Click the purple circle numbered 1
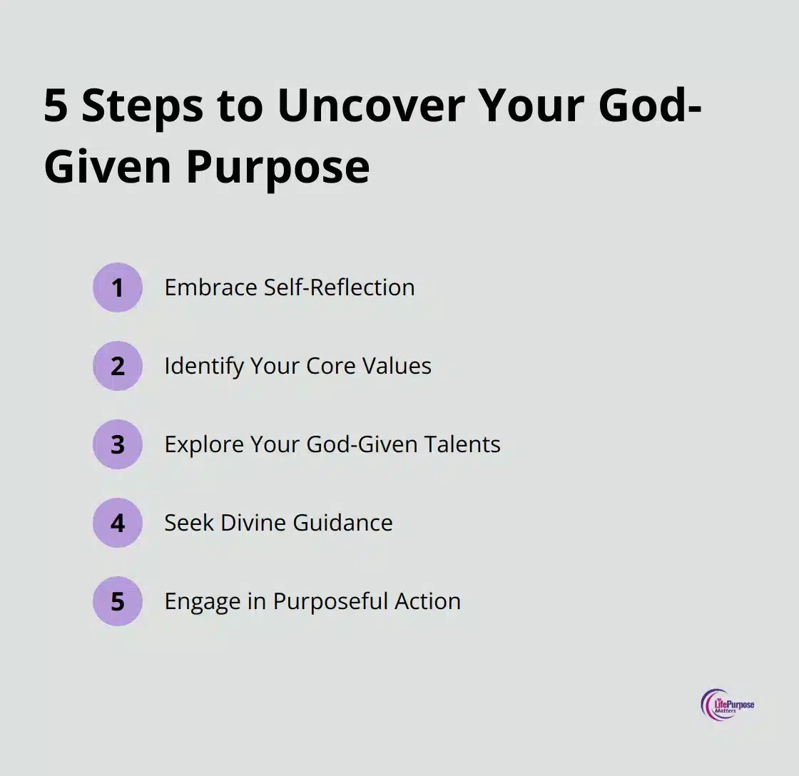[x=117, y=287]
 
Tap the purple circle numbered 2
[x=117, y=366]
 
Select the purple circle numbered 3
[x=117, y=444]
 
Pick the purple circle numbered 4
[x=117, y=523]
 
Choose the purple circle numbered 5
[x=117, y=601]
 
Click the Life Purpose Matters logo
[x=727, y=705]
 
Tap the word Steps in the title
[x=143, y=108]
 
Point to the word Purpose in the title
[x=278, y=168]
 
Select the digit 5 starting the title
[x=56, y=106]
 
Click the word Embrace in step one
[x=210, y=287]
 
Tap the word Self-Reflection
[x=339, y=287]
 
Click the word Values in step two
[x=397, y=366]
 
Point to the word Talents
[x=462, y=444]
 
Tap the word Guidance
[x=343, y=523]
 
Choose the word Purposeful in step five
[x=331, y=602]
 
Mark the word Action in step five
[x=428, y=601]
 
